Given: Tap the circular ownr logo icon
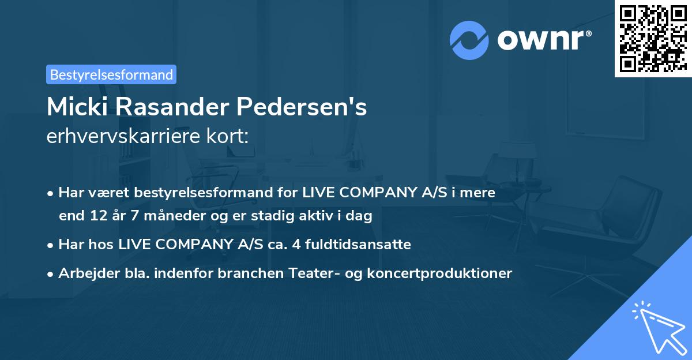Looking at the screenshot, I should click(469, 40).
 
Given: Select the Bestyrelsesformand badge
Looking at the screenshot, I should click(111, 74).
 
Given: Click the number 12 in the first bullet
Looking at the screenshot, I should click(95, 216).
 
